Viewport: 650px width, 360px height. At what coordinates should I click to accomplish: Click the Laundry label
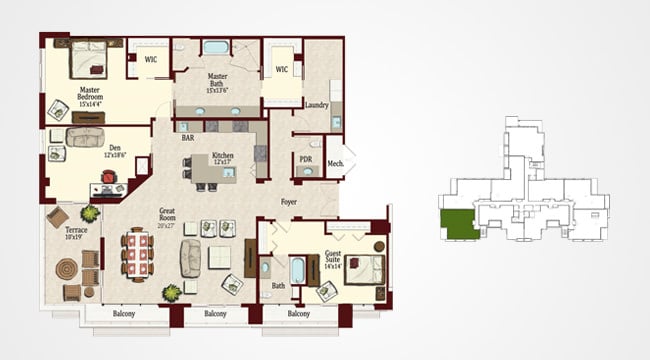click(317, 105)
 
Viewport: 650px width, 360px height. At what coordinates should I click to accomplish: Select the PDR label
click(306, 159)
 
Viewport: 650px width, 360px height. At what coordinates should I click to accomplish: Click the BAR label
click(187, 137)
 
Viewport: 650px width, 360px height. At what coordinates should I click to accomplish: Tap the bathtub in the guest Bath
click(297, 269)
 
